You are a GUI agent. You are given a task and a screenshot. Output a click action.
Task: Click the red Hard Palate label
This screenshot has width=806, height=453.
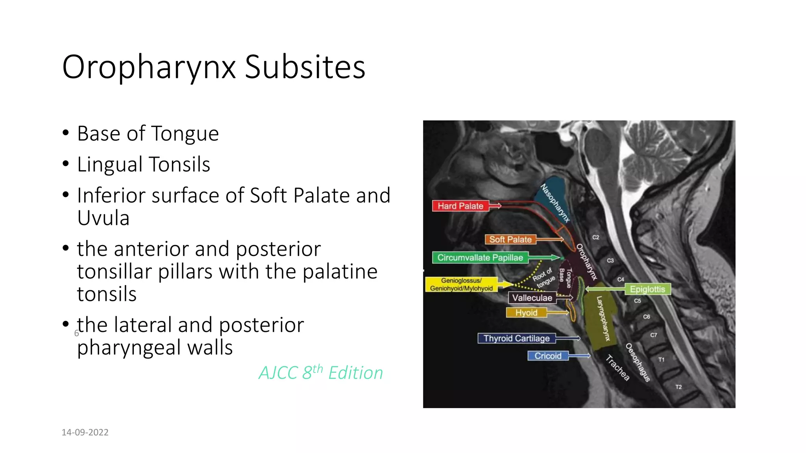pos(460,206)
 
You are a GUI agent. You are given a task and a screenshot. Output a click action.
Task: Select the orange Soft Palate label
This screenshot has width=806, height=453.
pos(510,239)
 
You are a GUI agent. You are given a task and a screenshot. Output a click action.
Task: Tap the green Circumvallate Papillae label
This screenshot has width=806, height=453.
pos(480,258)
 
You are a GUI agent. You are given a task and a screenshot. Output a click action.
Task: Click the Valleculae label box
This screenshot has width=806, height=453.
pos(532,298)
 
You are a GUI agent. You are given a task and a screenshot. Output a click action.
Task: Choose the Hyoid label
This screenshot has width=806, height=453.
pos(526,313)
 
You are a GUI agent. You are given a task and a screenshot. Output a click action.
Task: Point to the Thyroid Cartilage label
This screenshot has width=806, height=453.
pos(516,339)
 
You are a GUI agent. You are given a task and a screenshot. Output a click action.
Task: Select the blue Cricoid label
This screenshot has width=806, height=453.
pos(548,356)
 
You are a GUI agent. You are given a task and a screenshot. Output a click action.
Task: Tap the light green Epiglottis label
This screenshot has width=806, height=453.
pos(647,289)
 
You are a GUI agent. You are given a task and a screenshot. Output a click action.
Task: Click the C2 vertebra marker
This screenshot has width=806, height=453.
pos(596,238)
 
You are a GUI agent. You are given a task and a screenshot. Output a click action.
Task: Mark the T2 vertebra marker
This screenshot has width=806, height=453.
pos(678,387)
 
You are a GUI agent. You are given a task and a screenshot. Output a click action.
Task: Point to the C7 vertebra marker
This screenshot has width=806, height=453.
pos(653,335)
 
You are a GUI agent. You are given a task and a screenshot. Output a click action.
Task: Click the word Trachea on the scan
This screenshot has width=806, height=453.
pos(617,368)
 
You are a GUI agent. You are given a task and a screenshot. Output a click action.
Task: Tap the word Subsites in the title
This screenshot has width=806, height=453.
pos(305,67)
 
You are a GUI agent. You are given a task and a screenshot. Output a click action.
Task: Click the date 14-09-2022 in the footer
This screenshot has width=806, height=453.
pos(85,432)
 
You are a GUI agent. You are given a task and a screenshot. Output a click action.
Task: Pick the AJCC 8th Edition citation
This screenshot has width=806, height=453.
pos(321,373)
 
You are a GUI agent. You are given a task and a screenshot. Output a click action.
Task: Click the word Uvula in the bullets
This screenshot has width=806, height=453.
pos(103,218)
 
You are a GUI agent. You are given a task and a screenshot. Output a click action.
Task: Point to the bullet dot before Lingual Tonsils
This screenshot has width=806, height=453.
pos(66,164)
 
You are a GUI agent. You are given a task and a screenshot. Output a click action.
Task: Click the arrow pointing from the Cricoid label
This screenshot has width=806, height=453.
pos(579,356)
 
